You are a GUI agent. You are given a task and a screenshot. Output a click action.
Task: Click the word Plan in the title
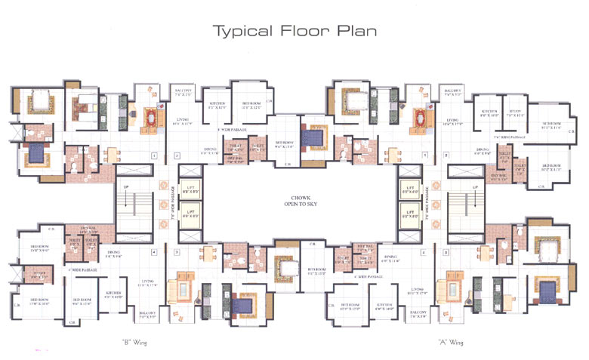pos(355,32)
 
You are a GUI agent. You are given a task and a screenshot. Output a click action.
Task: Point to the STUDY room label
pos(516,113)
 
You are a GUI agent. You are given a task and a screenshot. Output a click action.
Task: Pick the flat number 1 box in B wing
pos(153,157)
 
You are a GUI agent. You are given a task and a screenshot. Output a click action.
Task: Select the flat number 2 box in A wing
pos(446,157)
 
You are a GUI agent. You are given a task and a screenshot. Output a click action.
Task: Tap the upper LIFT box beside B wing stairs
pos(190,191)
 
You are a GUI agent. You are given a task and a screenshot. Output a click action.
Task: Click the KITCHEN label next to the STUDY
pos(490,113)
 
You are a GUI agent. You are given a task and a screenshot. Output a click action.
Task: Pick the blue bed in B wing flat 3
pos(242,303)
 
